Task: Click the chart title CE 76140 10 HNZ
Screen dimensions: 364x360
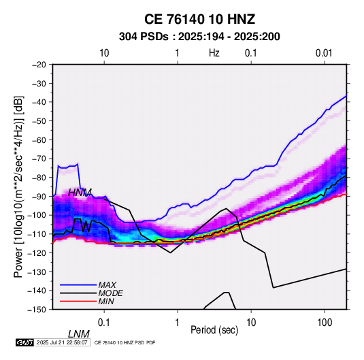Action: click(x=199, y=19)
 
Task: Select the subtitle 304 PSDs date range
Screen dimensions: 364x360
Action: click(x=199, y=37)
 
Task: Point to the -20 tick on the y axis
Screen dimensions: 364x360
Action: click(x=39, y=65)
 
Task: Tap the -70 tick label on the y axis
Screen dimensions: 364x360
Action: click(x=39, y=159)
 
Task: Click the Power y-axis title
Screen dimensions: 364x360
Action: click(x=18, y=187)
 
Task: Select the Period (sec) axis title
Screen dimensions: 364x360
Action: click(x=214, y=330)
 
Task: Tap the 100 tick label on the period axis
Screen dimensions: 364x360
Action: click(x=325, y=323)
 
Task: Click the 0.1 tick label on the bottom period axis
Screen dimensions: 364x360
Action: click(x=104, y=323)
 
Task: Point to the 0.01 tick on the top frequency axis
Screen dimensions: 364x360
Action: click(x=324, y=53)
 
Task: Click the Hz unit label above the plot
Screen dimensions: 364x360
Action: click(x=214, y=53)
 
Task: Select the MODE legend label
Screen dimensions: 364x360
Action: click(x=110, y=293)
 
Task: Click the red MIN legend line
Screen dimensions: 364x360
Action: click(x=78, y=301)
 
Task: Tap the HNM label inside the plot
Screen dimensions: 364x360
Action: click(x=80, y=193)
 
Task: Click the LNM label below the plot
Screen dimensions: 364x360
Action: click(x=79, y=334)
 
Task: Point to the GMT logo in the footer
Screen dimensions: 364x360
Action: click(x=25, y=342)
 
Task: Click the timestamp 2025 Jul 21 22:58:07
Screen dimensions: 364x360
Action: click(x=62, y=342)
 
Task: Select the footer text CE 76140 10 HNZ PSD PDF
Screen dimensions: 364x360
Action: click(x=125, y=342)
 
